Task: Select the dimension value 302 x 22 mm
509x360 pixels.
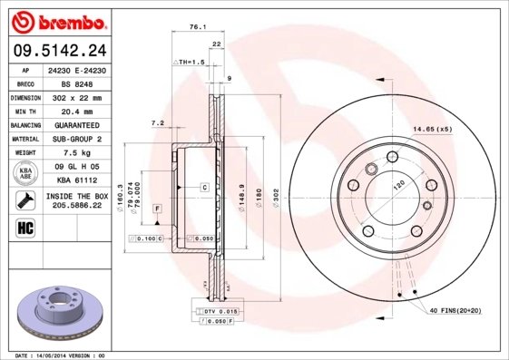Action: coord(76,96)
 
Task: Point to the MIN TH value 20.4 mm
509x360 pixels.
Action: coord(76,111)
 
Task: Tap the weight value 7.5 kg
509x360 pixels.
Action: coord(76,153)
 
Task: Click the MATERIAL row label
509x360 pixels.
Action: coord(24,139)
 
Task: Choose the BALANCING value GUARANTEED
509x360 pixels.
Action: coord(76,124)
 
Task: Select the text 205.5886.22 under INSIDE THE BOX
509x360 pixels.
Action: coord(76,207)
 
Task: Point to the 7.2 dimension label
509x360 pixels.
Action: coord(156,123)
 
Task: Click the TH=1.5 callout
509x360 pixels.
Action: coord(191,61)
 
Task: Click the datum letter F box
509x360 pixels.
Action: coord(158,209)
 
